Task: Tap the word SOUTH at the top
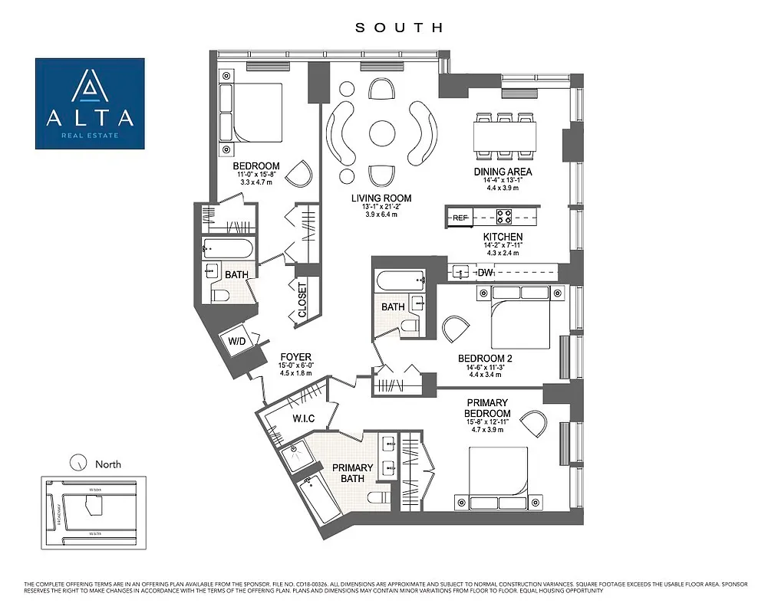tap(399, 28)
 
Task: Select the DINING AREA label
tap(503, 172)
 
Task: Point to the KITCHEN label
tap(503, 238)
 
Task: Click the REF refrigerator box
tap(460, 218)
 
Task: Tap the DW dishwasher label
tap(485, 273)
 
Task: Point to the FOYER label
tap(295, 357)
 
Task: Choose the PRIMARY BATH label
tap(353, 473)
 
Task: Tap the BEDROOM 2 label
tap(485, 358)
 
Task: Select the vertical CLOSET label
tap(302, 300)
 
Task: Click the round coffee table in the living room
tap(382, 133)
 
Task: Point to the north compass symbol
tap(77, 462)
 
